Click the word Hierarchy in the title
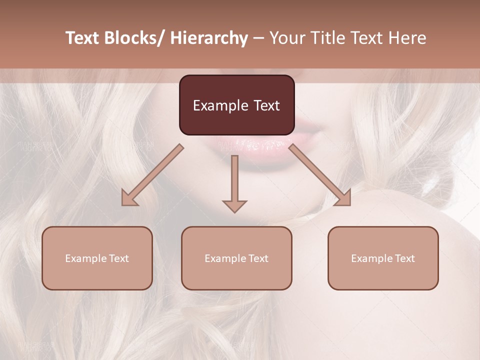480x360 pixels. pos(209,38)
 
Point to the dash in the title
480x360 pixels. pos(258,39)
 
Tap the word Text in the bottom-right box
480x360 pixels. pos(404,258)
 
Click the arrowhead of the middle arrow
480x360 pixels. pos(234,205)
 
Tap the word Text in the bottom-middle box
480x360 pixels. pos(258,258)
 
